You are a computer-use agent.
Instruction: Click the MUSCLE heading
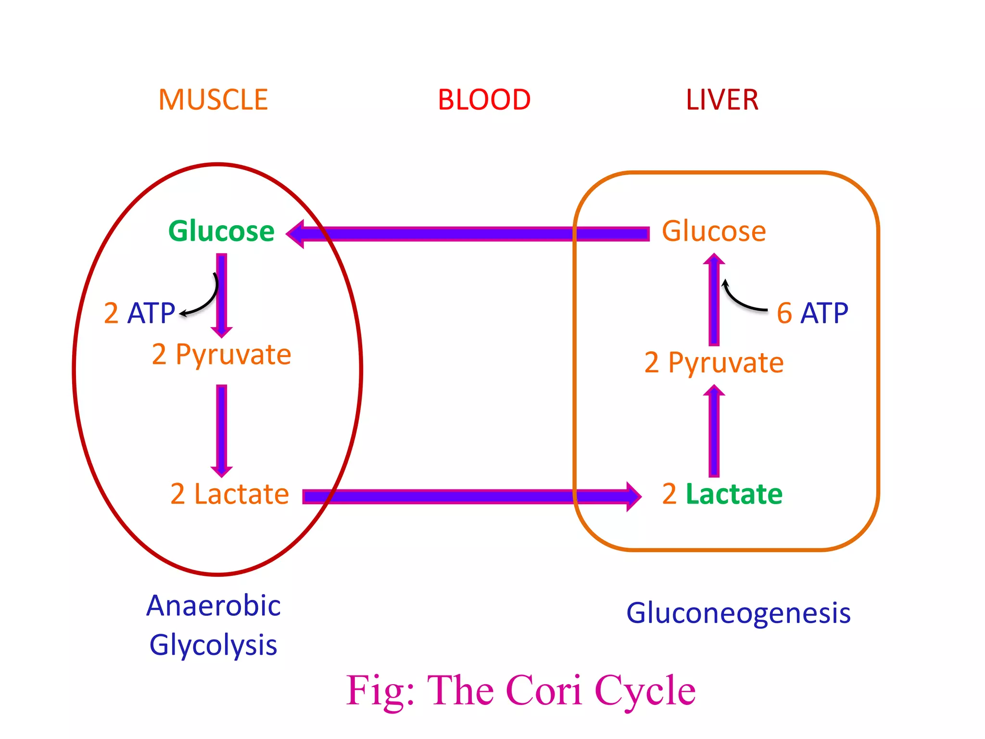[213, 100]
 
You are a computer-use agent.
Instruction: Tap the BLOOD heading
[484, 100]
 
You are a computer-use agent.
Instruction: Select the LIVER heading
[722, 100]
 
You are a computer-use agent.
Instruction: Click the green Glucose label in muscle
[221, 231]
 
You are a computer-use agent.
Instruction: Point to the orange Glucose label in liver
[714, 231]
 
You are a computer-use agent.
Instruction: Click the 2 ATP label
[139, 313]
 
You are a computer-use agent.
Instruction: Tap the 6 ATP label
[812, 313]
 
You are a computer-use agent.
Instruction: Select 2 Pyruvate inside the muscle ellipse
[221, 355]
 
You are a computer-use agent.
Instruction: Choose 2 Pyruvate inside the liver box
[714, 363]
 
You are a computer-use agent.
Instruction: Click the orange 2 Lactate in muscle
[229, 494]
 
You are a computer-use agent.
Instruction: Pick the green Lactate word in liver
[734, 494]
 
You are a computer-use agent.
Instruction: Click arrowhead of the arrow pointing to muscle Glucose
[296, 234]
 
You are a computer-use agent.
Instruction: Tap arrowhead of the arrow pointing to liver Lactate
[633, 497]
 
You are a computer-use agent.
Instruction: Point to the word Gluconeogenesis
[738, 613]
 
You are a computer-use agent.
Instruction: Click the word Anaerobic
[214, 606]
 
